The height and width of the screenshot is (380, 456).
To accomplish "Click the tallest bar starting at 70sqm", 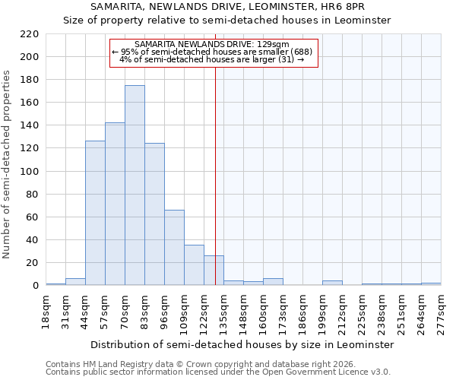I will point(135,185).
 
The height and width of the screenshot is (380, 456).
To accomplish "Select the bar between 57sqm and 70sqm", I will point(115,204).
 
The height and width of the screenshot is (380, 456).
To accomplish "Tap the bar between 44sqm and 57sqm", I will point(95,213).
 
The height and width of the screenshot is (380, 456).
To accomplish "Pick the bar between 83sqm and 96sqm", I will point(154,214).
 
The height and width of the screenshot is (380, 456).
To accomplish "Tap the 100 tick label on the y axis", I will point(30,172).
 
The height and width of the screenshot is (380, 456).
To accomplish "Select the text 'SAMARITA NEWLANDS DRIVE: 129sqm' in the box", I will point(211,44).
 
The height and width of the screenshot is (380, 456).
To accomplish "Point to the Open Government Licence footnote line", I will point(218,372).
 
